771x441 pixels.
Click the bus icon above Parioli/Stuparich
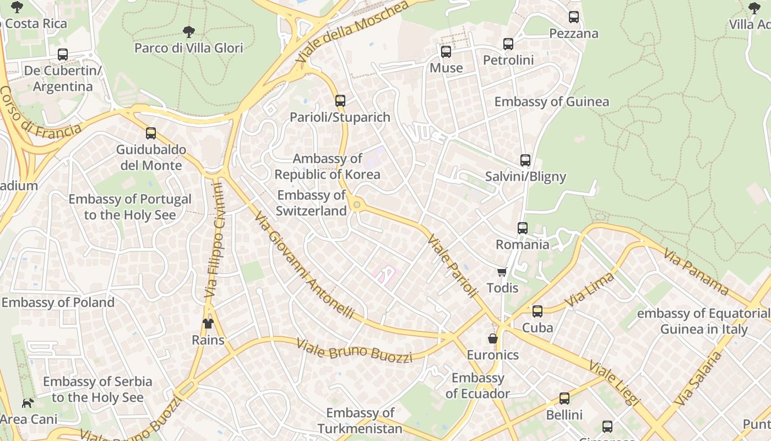tap(340, 101)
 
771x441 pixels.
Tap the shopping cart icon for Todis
tap(502, 272)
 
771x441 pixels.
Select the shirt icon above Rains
tap(208, 324)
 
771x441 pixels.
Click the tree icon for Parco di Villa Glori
tap(189, 31)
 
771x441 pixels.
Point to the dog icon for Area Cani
tap(28, 403)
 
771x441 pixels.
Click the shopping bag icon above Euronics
tap(493, 338)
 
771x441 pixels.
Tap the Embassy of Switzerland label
tap(312, 203)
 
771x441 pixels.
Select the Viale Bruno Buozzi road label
tap(354, 351)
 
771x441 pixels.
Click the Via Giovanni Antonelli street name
tap(304, 265)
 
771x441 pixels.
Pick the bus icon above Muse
tap(446, 52)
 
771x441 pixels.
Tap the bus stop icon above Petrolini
tap(508, 44)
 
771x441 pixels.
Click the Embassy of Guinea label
tap(551, 102)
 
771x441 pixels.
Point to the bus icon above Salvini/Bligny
tap(525, 160)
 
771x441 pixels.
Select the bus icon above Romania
tap(523, 228)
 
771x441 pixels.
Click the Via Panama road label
tap(697, 271)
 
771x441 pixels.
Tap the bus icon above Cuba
tap(537, 311)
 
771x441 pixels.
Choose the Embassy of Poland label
tap(58, 303)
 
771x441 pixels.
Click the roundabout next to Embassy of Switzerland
tap(357, 205)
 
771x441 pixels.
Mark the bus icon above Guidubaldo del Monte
tap(151, 133)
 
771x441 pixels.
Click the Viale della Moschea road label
tap(352, 31)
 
